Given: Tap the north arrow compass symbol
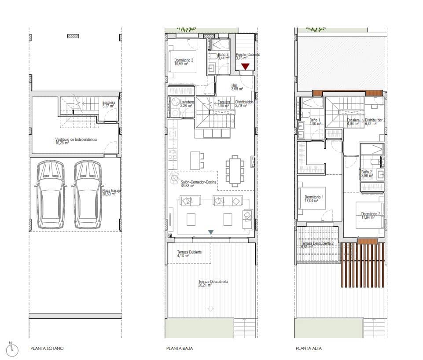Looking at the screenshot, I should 14,349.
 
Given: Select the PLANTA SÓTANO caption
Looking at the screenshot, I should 47,349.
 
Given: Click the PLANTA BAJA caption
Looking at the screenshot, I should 177,349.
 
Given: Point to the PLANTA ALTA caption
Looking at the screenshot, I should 309,349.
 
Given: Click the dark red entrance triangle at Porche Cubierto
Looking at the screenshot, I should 245,66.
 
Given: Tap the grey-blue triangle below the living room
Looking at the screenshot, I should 211,232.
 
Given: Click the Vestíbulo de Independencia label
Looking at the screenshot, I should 73,141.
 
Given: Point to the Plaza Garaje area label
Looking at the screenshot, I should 111,193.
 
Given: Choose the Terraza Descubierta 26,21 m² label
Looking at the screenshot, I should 213,283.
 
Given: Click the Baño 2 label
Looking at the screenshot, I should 367,173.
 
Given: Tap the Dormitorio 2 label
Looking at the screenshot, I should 368,215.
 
